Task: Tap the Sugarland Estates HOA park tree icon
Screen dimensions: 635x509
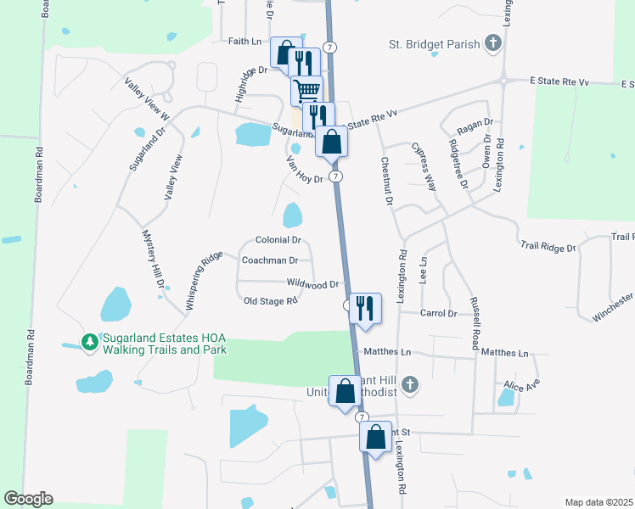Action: click(89, 342)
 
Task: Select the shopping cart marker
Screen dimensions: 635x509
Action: click(307, 89)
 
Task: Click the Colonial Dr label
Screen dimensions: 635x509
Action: click(278, 241)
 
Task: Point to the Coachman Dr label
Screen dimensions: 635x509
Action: click(270, 260)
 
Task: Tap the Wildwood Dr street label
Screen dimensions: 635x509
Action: click(313, 283)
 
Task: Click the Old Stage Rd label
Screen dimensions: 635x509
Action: click(270, 300)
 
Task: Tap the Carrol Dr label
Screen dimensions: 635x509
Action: click(439, 313)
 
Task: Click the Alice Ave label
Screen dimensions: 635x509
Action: click(521, 384)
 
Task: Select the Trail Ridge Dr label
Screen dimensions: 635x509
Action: click(548, 247)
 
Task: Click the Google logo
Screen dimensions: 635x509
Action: click(28, 499)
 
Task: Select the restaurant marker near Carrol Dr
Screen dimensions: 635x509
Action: click(365, 307)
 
